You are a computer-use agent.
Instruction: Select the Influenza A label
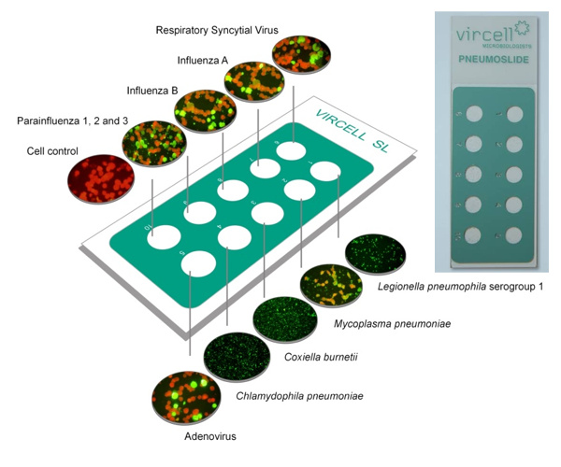coord(203,61)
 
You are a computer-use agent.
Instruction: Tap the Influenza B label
coord(153,92)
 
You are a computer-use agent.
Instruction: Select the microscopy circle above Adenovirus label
coord(180,399)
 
